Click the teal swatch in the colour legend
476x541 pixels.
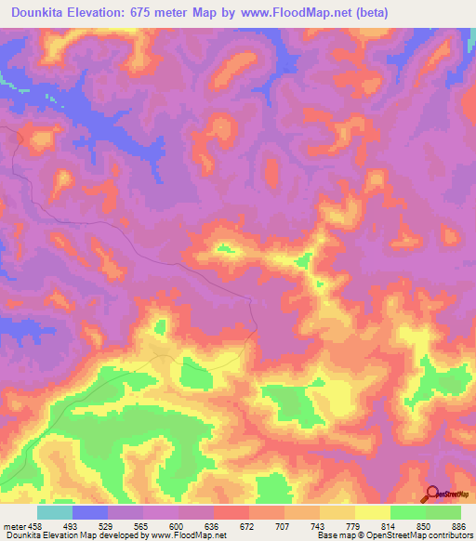point(55,512)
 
